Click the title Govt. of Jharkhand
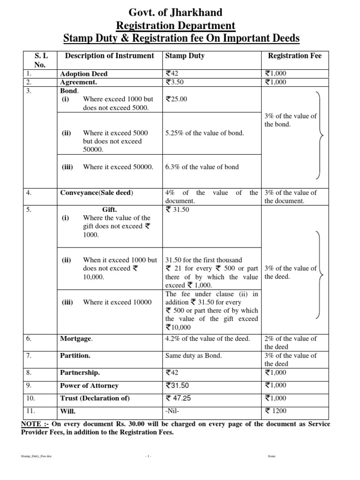180,12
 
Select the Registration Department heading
180,25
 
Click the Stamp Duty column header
185,56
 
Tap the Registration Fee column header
294,56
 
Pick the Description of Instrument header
109,56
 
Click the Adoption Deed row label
84,74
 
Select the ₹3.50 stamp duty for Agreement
176,82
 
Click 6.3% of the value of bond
202,167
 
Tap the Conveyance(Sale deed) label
97,193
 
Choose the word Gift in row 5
109,210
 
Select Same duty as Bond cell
194,356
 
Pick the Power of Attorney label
89,386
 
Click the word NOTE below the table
31,424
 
